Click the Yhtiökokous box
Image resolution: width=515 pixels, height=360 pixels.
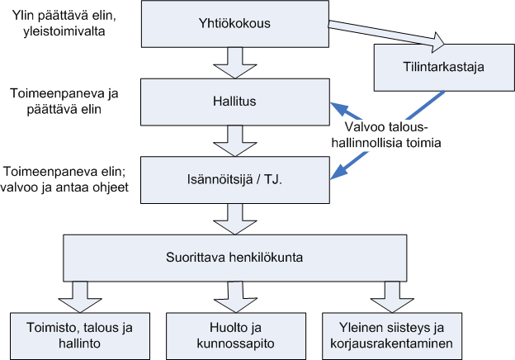235,24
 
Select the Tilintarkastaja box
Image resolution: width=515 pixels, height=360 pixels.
442,68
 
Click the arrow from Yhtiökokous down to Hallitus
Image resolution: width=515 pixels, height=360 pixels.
235,61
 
